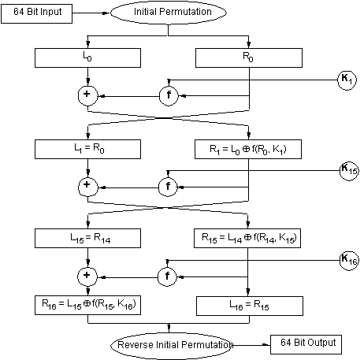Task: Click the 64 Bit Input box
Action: (x=37, y=13)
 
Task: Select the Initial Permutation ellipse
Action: (x=169, y=13)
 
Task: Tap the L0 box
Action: (x=87, y=58)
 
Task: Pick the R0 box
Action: (x=249, y=58)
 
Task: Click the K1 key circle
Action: (x=347, y=80)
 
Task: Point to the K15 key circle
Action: (x=349, y=171)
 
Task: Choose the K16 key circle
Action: (x=349, y=261)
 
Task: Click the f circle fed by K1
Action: (x=169, y=96)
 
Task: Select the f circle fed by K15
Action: (x=168, y=187)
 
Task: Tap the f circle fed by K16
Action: (x=167, y=276)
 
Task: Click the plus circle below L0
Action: (x=87, y=96)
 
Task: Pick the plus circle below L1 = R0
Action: (x=88, y=187)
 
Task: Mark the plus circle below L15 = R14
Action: (x=87, y=276)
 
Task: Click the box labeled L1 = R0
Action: (x=87, y=149)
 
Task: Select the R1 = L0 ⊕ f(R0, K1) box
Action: (x=248, y=149)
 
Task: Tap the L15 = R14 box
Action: (x=87, y=238)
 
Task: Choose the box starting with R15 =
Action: (x=247, y=238)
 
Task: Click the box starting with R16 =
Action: (x=87, y=305)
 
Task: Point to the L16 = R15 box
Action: (x=250, y=306)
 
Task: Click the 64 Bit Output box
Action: (x=306, y=344)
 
